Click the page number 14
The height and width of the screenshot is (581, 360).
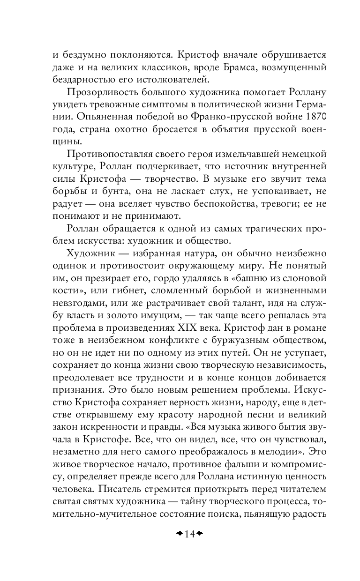[x=180, y=535]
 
